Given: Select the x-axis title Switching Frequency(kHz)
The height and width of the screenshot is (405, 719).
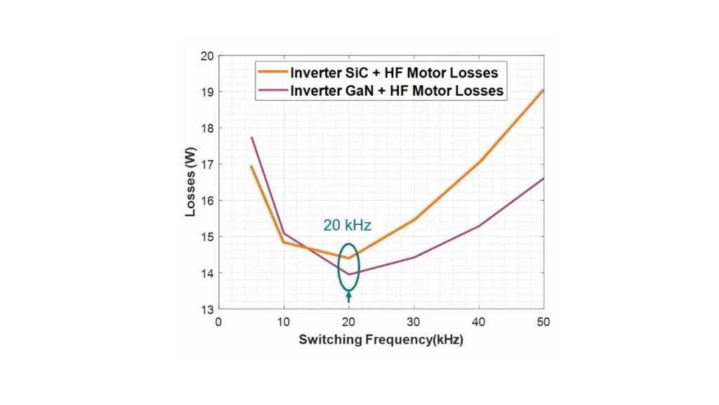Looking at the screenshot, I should click(x=381, y=340).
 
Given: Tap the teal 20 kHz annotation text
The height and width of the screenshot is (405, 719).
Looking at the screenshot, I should click(x=347, y=226).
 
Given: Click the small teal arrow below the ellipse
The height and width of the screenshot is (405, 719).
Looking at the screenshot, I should click(x=349, y=297).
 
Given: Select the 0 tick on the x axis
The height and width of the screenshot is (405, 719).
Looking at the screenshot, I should click(x=218, y=322).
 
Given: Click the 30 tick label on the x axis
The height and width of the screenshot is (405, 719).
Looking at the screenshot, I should click(x=414, y=322).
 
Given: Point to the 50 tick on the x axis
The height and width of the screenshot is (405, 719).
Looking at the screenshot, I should click(x=543, y=322).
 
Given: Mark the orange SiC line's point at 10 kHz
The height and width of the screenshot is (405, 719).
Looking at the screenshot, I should click(x=284, y=242).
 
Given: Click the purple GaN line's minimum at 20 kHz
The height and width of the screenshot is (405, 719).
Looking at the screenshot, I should click(x=349, y=274).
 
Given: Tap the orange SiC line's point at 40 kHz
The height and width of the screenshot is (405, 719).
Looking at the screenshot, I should click(x=479, y=162).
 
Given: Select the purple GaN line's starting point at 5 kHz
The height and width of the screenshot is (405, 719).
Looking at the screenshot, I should click(x=251, y=138).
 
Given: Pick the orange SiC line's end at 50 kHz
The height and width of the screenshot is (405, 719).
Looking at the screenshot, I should click(x=543, y=90).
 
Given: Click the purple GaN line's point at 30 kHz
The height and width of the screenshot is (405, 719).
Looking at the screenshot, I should click(x=414, y=257).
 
